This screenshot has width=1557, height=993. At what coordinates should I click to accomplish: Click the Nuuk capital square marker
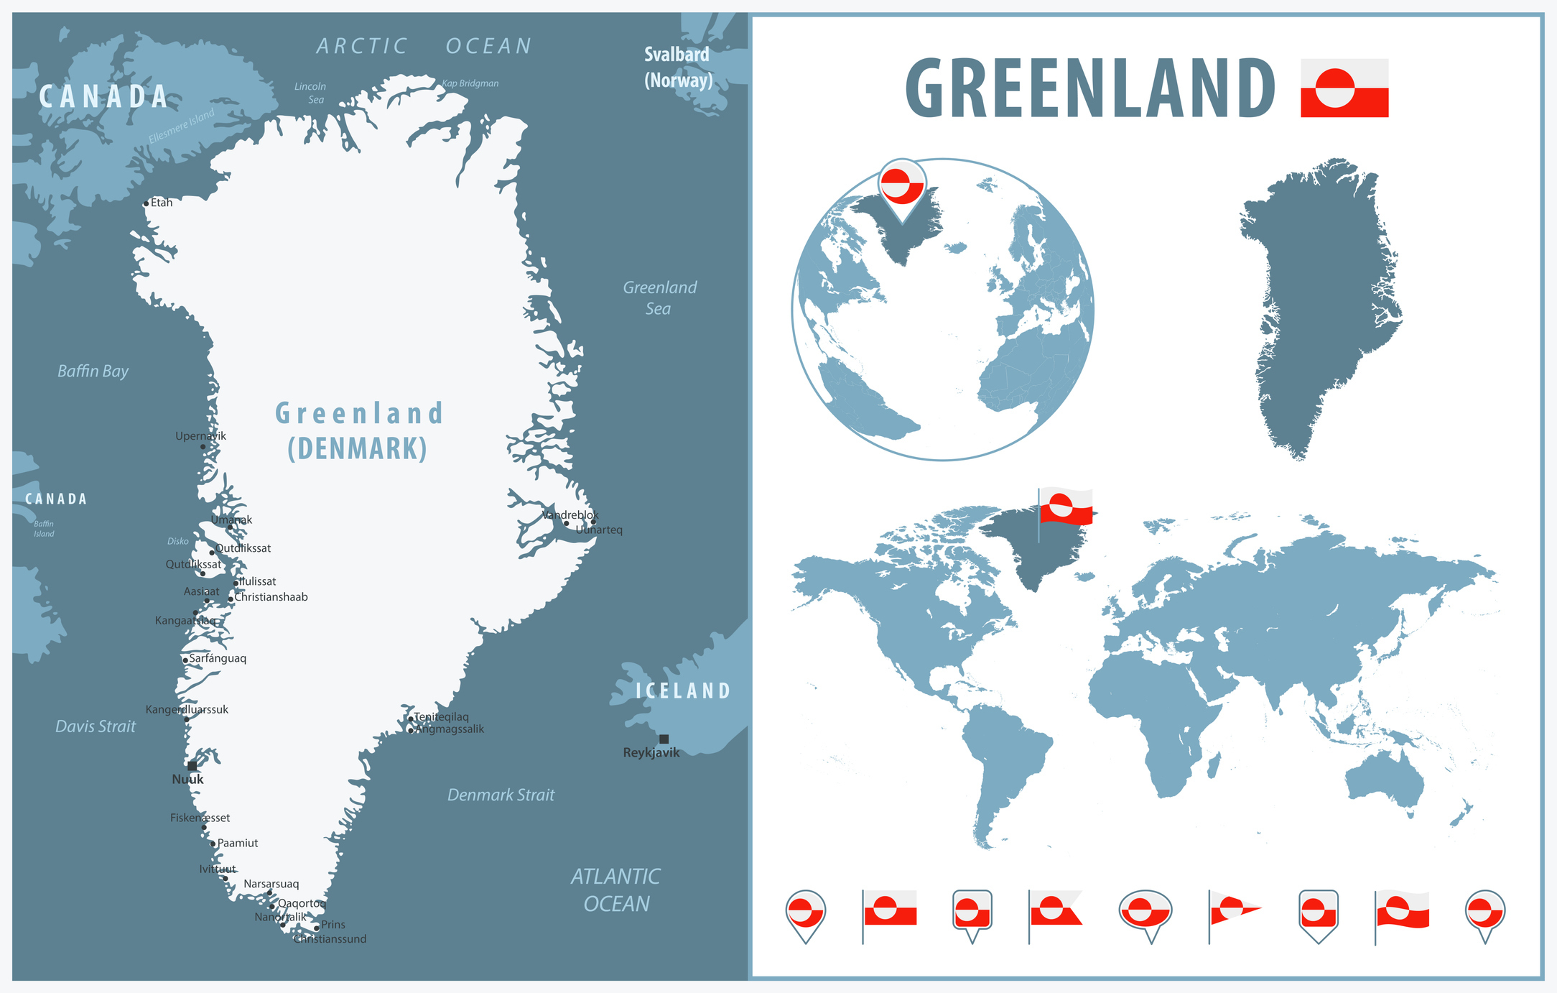click(x=192, y=766)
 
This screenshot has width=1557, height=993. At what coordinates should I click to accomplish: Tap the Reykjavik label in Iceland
click(x=651, y=753)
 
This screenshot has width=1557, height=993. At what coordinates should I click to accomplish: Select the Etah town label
click(x=162, y=203)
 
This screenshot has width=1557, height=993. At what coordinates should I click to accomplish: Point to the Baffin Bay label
click(x=93, y=371)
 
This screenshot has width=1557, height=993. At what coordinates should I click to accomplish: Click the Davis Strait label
click(x=96, y=726)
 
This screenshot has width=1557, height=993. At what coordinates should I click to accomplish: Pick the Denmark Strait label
click(x=501, y=795)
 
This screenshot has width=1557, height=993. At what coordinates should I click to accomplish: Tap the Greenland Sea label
click(x=659, y=298)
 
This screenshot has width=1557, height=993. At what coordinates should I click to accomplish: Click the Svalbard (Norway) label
click(x=677, y=67)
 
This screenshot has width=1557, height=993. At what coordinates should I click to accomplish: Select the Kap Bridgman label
click(x=470, y=83)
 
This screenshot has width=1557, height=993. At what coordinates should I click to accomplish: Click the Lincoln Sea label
click(x=311, y=93)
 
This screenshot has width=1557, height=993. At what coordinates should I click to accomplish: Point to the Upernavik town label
click(x=200, y=436)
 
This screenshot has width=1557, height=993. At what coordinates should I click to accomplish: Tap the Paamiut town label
click(x=238, y=844)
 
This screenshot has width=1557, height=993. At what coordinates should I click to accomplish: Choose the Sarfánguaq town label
click(x=218, y=658)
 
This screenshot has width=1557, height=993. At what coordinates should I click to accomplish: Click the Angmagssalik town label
click(x=450, y=729)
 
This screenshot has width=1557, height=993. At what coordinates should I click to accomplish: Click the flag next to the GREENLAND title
click(x=1344, y=88)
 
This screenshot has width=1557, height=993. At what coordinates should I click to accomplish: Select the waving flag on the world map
click(x=1066, y=506)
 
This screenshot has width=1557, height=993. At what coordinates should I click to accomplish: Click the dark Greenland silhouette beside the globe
click(x=1320, y=302)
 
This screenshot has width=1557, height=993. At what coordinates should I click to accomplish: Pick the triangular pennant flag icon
click(x=1232, y=910)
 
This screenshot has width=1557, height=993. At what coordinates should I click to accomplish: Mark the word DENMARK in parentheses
click(x=358, y=449)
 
